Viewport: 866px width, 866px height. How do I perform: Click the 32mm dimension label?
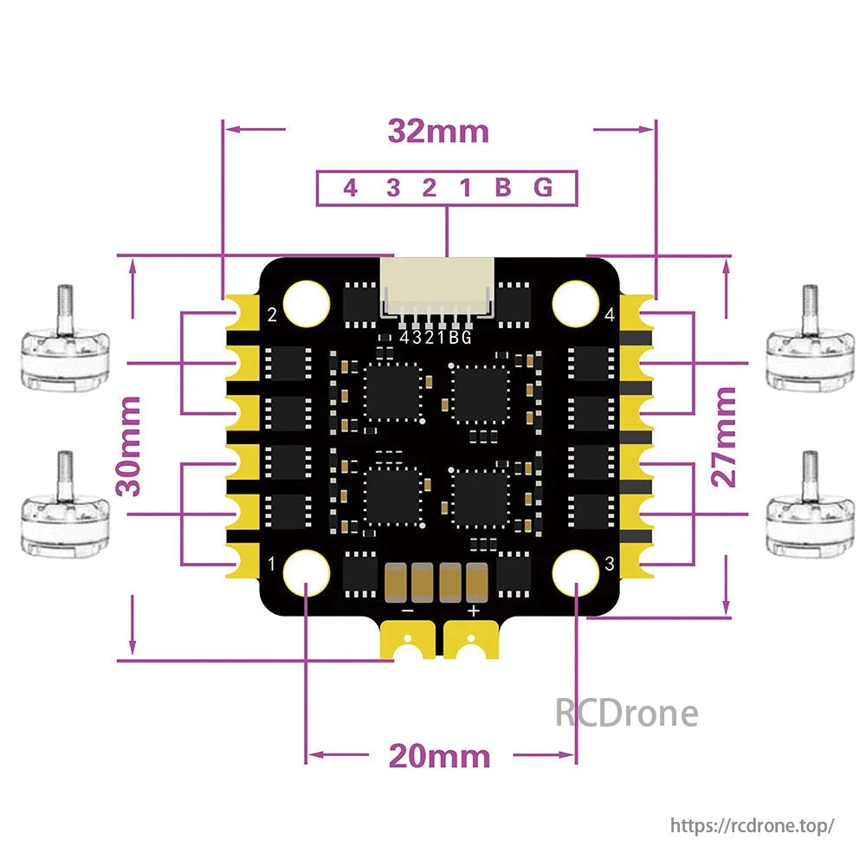[x=438, y=132]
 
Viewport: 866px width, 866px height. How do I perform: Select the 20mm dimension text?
[x=438, y=756]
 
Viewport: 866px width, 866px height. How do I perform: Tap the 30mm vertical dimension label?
[x=130, y=446]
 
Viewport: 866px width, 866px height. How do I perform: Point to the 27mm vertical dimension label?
[x=726, y=437]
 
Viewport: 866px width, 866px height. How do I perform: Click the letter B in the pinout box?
[x=502, y=188]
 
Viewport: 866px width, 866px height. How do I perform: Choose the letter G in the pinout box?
[x=543, y=188]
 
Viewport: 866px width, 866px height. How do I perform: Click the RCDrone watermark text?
[x=625, y=714]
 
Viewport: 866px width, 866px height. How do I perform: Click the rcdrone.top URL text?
[x=753, y=824]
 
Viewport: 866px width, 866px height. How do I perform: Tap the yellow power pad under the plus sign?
[x=472, y=642]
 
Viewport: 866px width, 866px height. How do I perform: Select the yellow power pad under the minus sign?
[x=405, y=642]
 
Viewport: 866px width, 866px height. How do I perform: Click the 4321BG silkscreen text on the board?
[x=436, y=339]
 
